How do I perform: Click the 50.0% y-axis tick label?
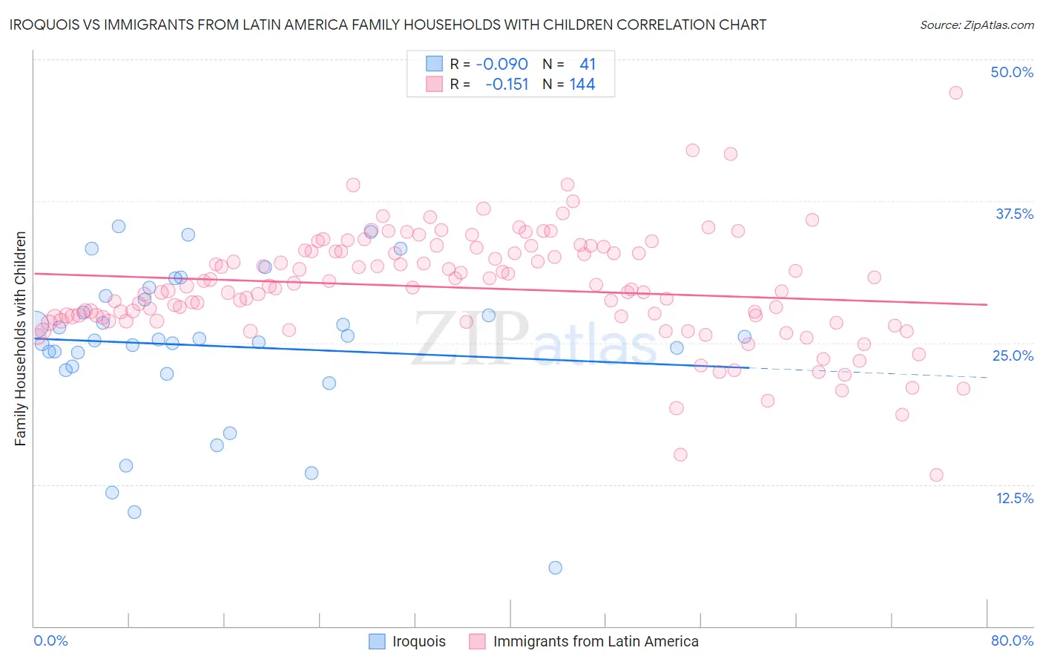click(1012, 72)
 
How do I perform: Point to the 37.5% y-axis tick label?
click(1014, 214)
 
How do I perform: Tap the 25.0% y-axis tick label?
click(1013, 355)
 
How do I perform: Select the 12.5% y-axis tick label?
click(1014, 498)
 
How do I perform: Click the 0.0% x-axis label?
click(50, 640)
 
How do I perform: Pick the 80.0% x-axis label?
click(1012, 640)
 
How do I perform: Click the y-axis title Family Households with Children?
click(20, 338)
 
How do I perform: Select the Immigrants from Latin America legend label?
click(595, 641)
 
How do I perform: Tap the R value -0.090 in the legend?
click(501, 64)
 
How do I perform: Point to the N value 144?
click(582, 84)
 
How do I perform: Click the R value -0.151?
click(507, 84)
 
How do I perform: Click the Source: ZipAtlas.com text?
click(976, 24)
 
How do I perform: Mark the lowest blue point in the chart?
click(555, 568)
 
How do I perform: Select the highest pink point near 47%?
click(955, 93)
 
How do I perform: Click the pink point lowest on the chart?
click(936, 475)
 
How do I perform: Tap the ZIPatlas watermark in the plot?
click(534, 338)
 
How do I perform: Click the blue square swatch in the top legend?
click(434, 64)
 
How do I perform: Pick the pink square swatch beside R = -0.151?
click(434, 84)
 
